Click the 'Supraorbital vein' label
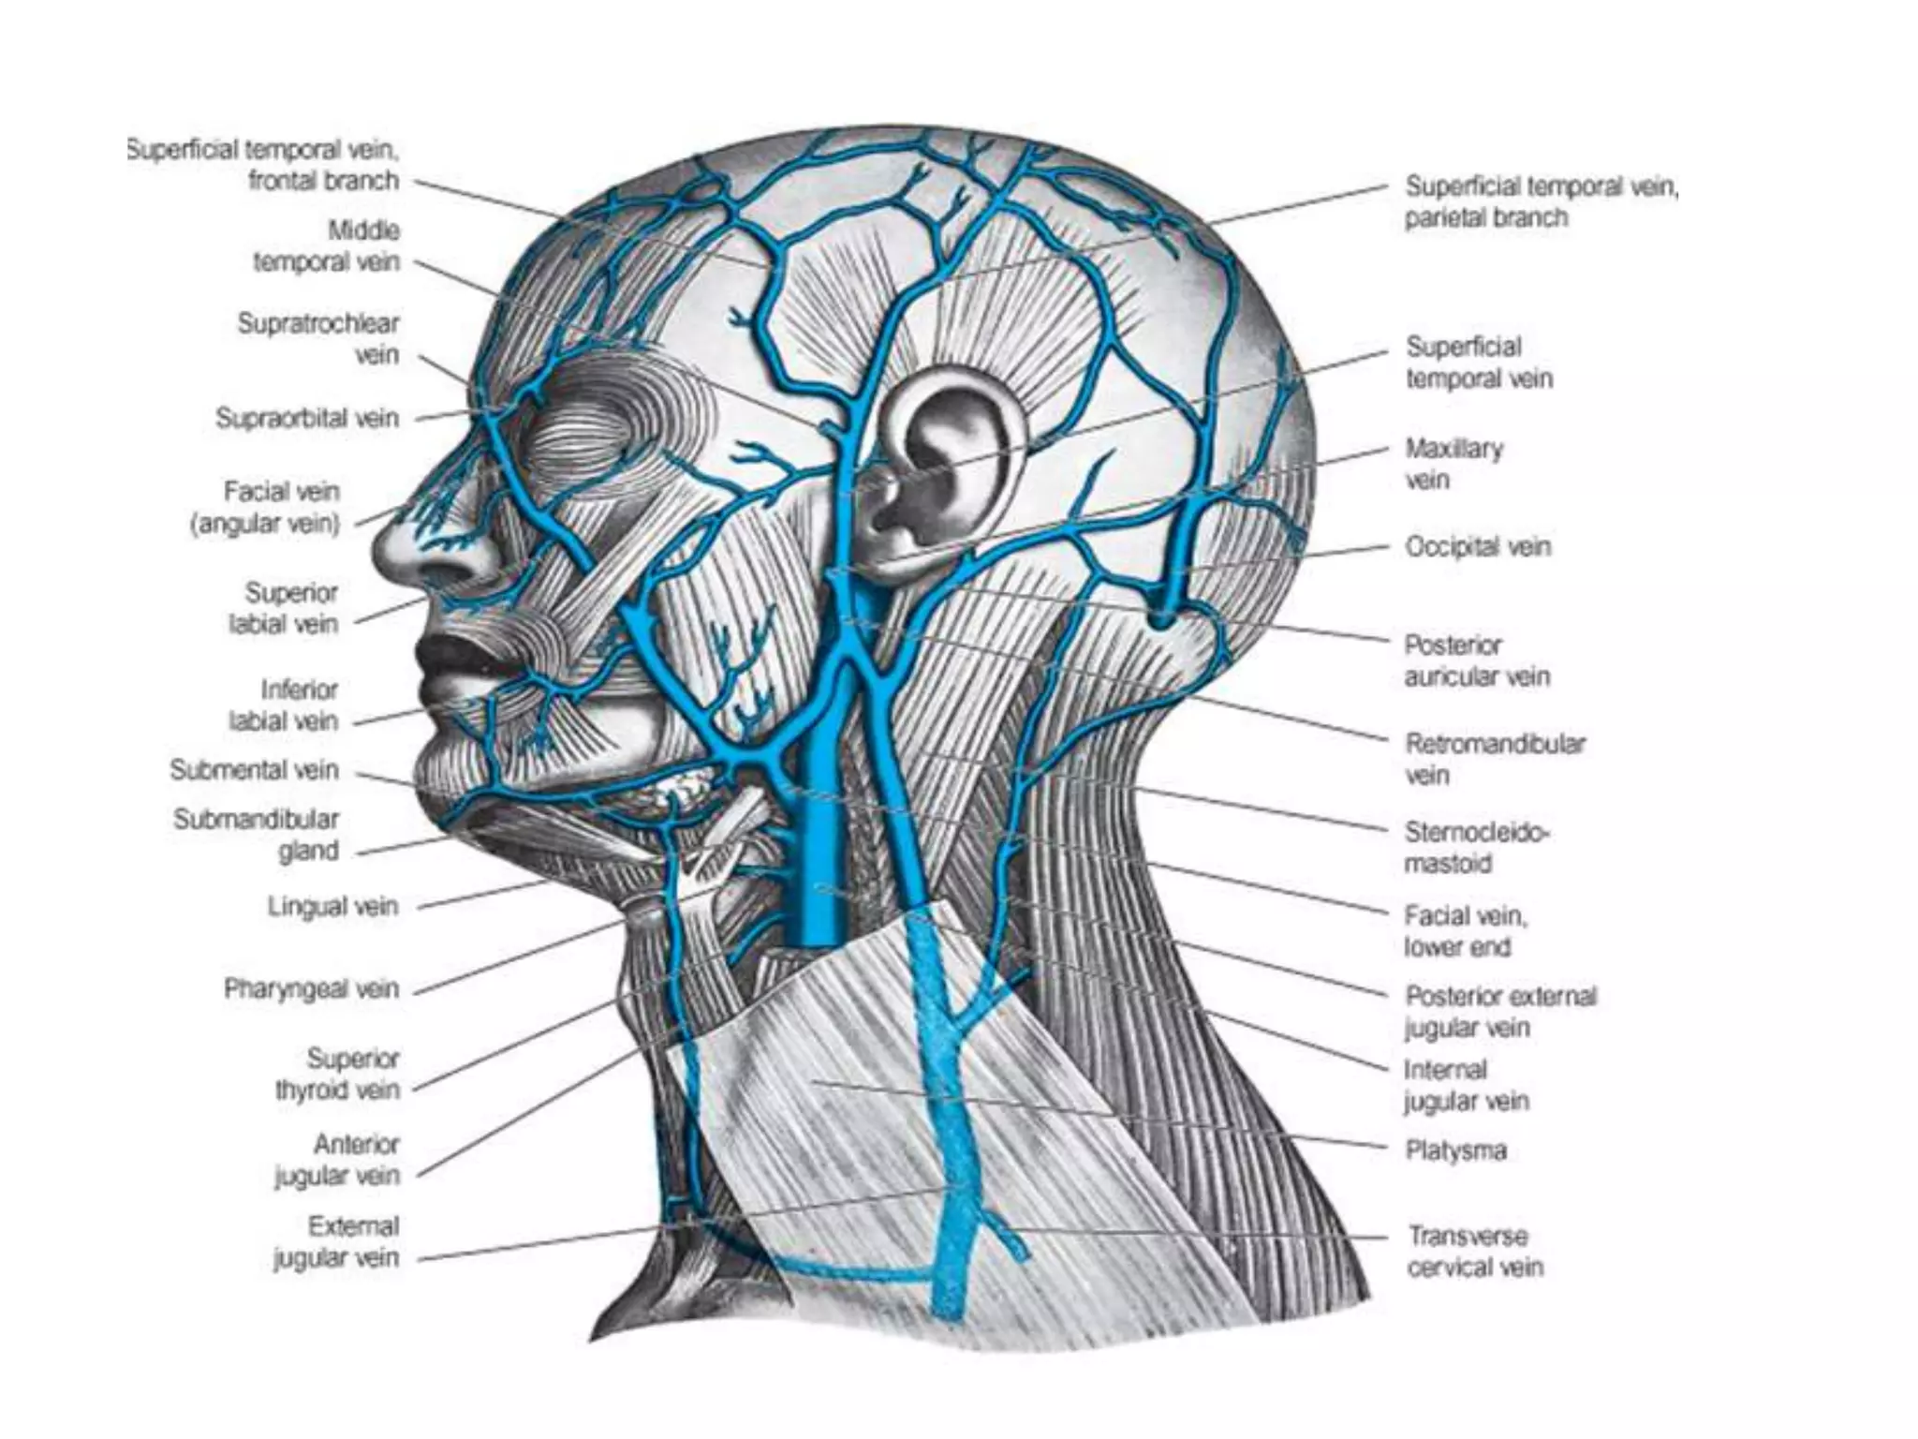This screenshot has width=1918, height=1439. tap(307, 418)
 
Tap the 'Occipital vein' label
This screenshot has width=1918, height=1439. tap(1478, 546)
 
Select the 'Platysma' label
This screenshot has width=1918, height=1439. tap(1455, 1150)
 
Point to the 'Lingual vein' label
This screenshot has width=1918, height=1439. tap(332, 907)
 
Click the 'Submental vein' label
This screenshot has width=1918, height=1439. tap(254, 770)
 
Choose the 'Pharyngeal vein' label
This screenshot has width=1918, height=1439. tap(311, 989)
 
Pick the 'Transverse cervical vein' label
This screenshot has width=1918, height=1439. tap(1475, 1252)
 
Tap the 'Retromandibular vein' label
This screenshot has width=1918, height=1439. tap(1494, 760)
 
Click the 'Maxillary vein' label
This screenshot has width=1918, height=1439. tap(1453, 464)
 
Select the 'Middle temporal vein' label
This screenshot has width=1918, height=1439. tap(327, 246)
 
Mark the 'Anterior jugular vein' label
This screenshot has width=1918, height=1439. tap(337, 1160)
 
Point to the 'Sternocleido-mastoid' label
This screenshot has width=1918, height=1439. tap(1475, 848)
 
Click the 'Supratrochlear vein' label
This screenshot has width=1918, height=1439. tap(318, 339)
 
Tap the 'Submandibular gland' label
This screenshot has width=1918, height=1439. tap(257, 835)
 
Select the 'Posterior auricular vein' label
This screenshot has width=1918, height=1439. tap(1476, 660)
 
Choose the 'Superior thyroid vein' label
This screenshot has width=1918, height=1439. tap(337, 1075)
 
